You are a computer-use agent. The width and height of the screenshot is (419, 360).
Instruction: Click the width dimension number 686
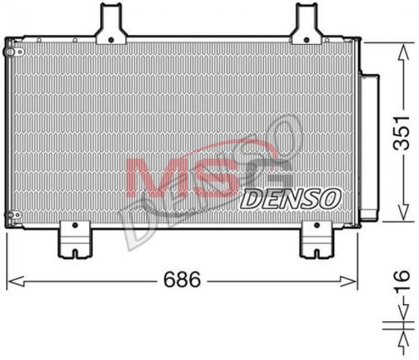(x=182, y=279)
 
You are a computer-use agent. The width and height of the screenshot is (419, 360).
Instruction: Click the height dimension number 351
(x=401, y=133)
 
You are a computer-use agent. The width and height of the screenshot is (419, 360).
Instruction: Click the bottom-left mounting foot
(x=75, y=239)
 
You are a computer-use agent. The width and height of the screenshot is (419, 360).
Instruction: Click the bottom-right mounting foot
(x=317, y=239)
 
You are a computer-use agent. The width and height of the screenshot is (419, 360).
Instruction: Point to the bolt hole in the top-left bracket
(x=111, y=40)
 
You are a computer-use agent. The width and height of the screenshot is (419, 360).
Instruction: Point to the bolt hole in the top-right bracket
(x=307, y=40)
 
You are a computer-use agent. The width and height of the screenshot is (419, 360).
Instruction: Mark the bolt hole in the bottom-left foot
(x=75, y=226)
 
